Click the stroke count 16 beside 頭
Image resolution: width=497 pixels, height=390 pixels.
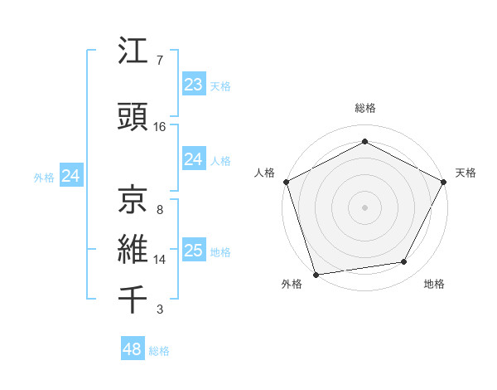click(160, 127)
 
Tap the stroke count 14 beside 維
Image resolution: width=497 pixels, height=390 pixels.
click(160, 260)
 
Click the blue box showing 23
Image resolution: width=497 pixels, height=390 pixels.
click(193, 85)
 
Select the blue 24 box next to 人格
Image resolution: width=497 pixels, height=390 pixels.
click(193, 159)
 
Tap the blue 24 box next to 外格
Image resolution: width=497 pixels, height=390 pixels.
click(71, 176)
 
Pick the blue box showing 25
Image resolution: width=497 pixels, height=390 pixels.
click(193, 251)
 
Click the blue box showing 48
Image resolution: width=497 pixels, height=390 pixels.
click(133, 349)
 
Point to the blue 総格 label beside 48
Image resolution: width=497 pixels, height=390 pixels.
click(159, 351)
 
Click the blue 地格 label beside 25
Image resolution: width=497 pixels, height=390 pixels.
click(220, 252)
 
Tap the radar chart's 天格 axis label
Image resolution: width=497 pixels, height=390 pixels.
click(466, 173)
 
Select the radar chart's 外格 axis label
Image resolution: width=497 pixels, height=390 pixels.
click(292, 285)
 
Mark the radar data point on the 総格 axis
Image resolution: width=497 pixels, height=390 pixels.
click(364, 142)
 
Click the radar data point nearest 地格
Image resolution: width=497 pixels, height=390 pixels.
click(404, 262)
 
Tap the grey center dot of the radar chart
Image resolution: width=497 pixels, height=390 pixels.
click(364, 207)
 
